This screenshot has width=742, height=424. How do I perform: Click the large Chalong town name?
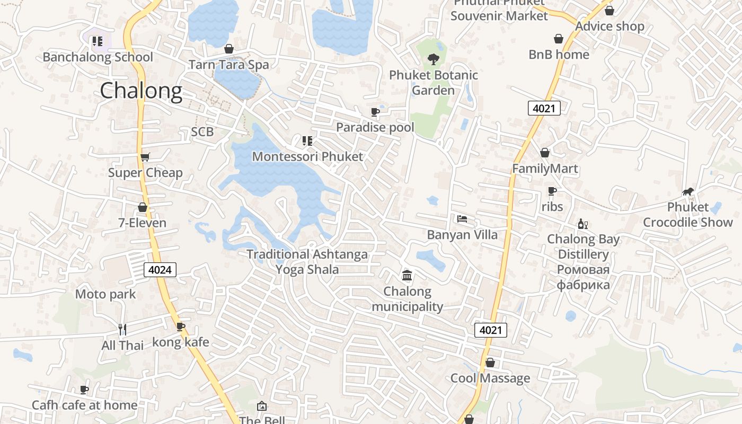coord(141,91)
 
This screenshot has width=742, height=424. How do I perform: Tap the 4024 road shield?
coord(160,270)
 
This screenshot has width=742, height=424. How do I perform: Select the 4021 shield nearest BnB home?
coord(544,109)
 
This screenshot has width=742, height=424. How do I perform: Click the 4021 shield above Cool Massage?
coord(490,330)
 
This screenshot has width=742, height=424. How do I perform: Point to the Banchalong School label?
coord(98,57)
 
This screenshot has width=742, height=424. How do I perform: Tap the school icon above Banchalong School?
coord(97,41)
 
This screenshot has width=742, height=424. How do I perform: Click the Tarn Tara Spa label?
coord(229,65)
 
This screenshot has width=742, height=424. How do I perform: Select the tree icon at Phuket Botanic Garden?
coord(434,59)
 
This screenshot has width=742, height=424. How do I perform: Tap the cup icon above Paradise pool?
coord(375,112)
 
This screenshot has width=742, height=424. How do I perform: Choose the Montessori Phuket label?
coord(307,156)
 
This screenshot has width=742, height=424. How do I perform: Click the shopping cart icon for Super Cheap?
coord(145,157)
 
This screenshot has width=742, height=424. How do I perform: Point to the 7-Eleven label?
coord(142,223)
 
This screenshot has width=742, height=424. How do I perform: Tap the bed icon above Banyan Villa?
coord(462,219)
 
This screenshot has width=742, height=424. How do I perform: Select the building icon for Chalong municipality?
coord(407,276)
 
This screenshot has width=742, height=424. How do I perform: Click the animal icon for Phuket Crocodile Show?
coord(688,191)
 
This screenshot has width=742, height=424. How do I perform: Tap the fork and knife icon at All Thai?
coord(122,330)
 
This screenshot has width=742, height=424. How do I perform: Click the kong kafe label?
coord(181,342)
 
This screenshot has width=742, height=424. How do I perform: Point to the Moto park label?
coord(105,294)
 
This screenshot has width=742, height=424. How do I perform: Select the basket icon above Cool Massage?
coord(490,363)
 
